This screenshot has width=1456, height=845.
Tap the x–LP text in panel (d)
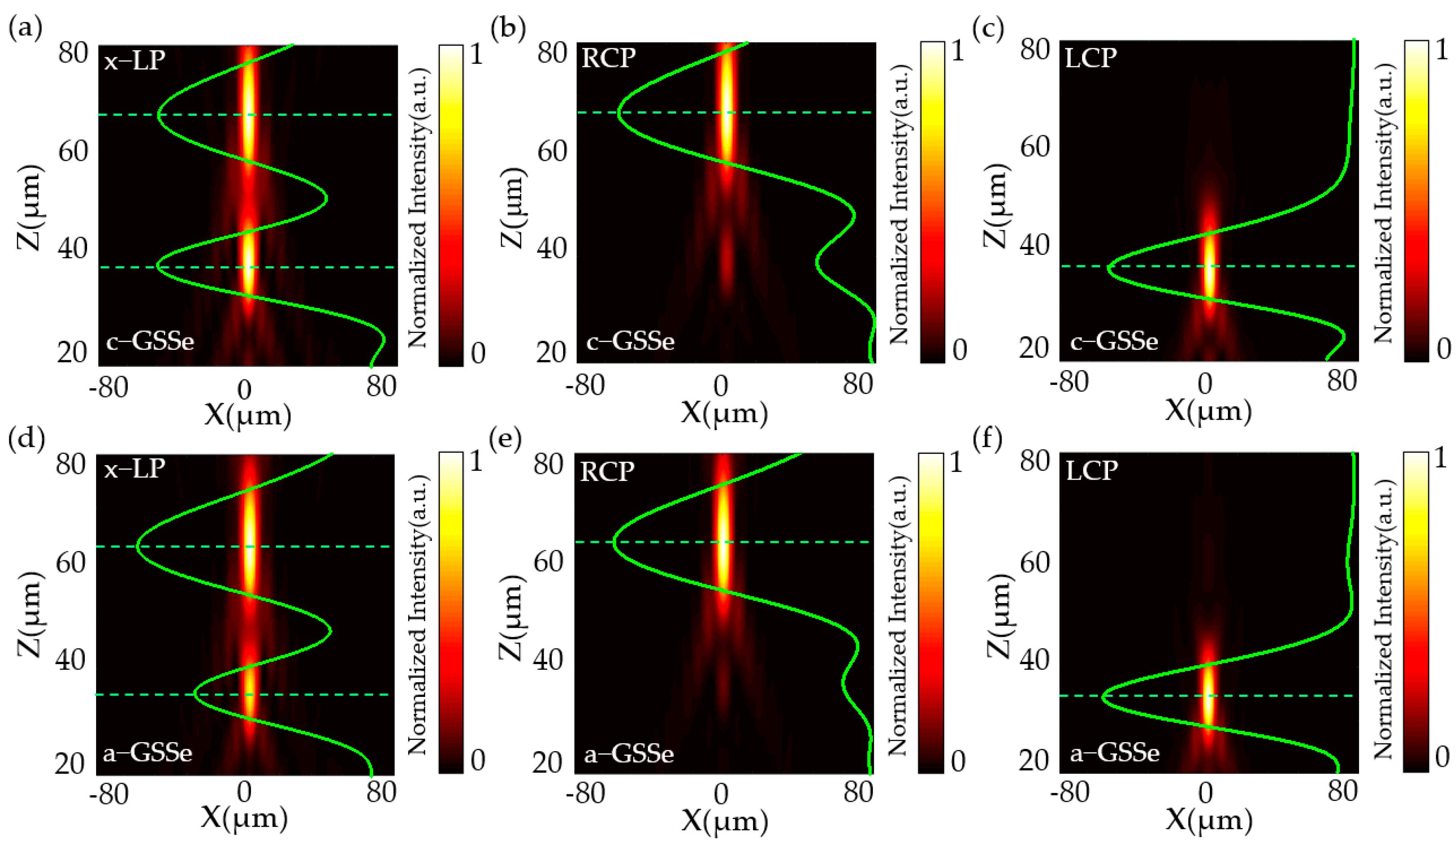point(134,468)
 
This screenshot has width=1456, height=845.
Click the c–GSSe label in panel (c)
point(1114,342)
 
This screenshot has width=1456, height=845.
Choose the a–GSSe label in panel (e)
point(629,754)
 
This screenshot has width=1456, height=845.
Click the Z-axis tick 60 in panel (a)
point(73,152)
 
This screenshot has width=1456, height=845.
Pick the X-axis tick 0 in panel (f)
point(1205,793)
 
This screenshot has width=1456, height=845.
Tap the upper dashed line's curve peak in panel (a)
point(159,115)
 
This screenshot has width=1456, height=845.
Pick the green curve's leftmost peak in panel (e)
point(614,542)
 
